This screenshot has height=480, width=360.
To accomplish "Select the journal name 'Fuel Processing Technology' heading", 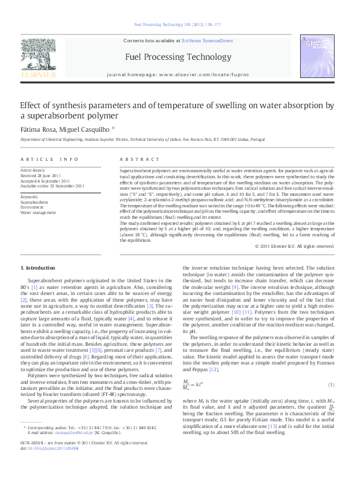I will (180, 57).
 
